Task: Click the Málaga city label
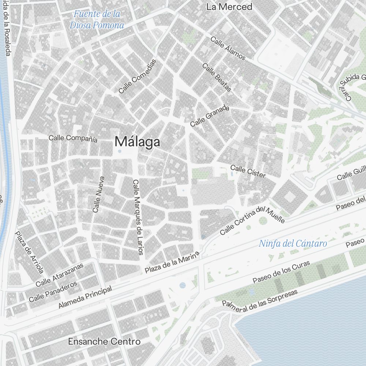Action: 137,142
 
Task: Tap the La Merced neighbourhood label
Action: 229,7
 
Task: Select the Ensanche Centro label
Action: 104,341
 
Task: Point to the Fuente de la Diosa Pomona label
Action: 97,20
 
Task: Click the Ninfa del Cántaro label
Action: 293,243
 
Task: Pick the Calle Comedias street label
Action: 137,76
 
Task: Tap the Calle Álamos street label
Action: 228,48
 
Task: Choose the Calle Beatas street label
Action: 217,78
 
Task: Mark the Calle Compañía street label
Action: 73,138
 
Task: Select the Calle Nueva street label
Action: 98,195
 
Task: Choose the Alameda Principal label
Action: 85,297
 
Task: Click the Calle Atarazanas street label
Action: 59,274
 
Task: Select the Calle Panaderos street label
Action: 53,291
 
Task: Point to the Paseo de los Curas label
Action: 281,272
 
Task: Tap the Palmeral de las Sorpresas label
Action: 260,300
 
